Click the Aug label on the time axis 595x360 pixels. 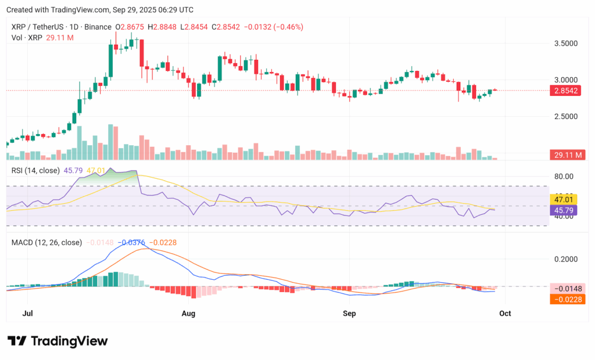click(189, 314)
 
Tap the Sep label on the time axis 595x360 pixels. click(349, 314)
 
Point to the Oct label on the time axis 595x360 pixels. click(505, 314)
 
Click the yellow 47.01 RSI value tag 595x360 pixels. click(564, 199)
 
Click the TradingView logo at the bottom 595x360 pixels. click(58, 341)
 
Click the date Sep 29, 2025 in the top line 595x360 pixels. click(137, 10)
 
